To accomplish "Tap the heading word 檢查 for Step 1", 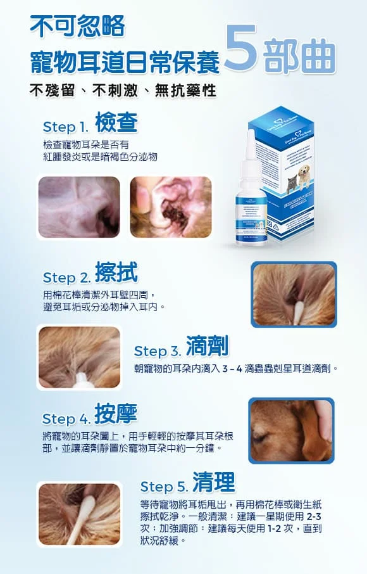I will click(116, 122).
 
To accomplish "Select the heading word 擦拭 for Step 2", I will click(116, 273).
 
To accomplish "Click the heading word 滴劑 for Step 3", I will click(207, 346).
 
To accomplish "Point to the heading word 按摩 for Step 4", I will click(115, 414).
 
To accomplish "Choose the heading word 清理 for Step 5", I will click(213, 483).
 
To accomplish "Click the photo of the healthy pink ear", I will click(79, 207).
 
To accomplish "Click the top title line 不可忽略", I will click(78, 27).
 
